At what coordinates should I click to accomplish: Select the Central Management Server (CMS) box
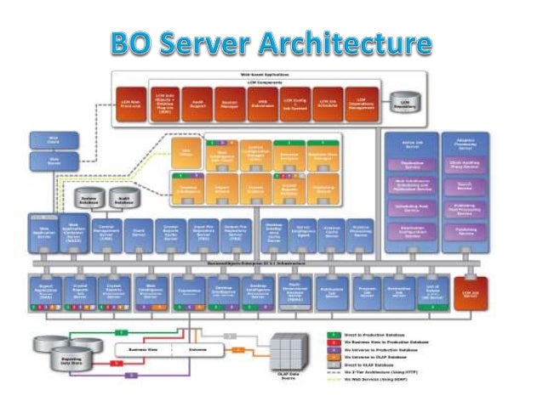(x=108, y=233)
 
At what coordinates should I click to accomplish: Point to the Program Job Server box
(x=366, y=291)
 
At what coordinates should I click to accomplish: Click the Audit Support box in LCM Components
(x=196, y=102)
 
